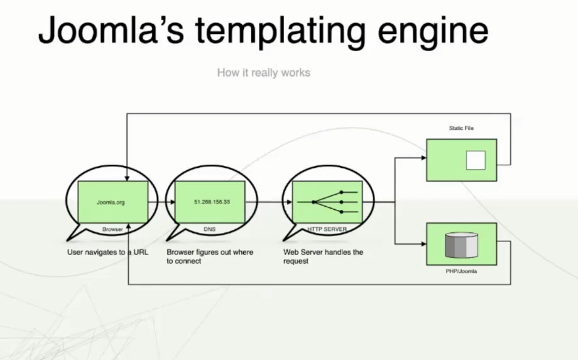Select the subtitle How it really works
263,73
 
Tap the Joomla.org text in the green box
112,202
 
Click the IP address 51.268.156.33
212,202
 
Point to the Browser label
112,230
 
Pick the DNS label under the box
210,230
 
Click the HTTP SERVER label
327,230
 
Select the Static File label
461,129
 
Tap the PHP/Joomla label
461,271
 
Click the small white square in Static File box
476,161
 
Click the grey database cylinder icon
461,245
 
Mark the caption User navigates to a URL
108,253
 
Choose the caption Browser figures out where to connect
210,256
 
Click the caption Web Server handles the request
323,256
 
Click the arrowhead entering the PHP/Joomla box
423,244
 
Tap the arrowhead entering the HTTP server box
290,202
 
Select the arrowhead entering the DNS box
172,202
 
